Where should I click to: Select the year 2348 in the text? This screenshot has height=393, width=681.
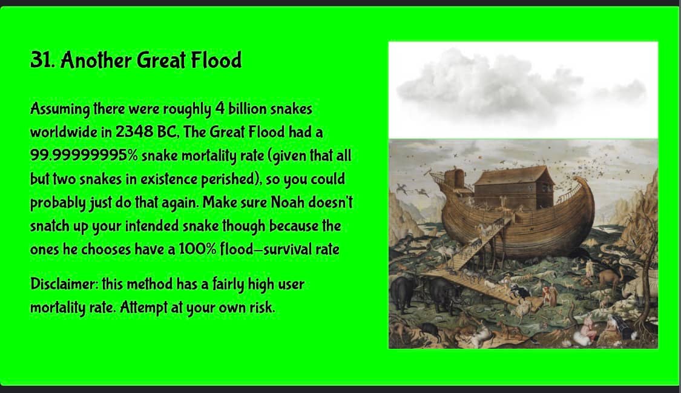pyautogui.click(x=134, y=131)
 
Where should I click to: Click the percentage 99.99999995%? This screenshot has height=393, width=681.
pyautogui.click(x=84, y=155)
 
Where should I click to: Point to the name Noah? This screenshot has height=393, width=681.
pyautogui.click(x=287, y=202)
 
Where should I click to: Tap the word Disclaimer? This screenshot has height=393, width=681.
pyautogui.click(x=64, y=283)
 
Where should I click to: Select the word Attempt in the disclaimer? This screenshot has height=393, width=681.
pyautogui.click(x=143, y=308)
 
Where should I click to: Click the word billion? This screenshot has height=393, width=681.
pyautogui.click(x=248, y=108)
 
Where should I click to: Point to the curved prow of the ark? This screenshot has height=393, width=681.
pyautogui.click(x=584, y=191)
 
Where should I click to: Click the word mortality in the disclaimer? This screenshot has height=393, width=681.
pyautogui.click(x=58, y=308)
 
